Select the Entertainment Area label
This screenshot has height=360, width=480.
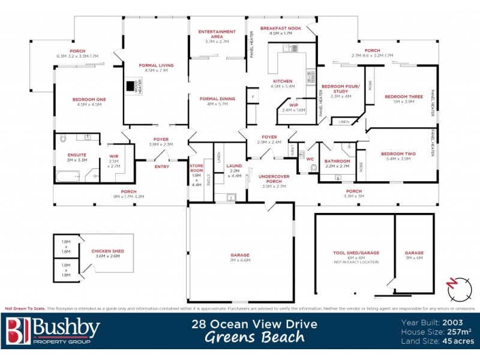point(217,32)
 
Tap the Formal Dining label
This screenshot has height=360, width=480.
point(217,98)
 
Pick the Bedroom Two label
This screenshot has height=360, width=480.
point(395,154)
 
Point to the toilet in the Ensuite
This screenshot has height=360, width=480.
point(64,139)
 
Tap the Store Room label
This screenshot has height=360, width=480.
point(196,166)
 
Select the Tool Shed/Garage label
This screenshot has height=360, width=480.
point(356,253)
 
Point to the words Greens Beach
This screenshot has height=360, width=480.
point(255,337)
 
